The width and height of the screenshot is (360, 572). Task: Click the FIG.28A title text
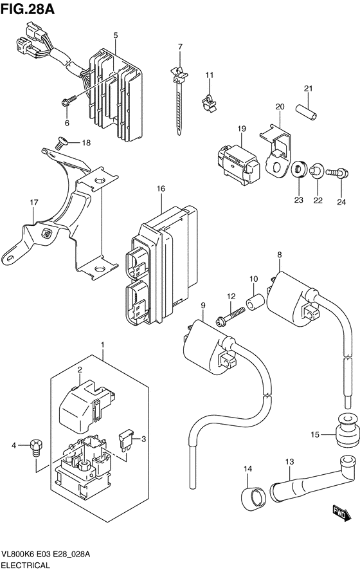coord(28,9)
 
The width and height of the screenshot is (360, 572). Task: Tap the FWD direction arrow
coord(342,513)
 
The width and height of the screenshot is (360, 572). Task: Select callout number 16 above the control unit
coord(161,189)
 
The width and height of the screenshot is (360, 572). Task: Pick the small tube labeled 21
coord(306,111)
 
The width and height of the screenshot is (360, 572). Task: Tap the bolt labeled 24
coord(337,173)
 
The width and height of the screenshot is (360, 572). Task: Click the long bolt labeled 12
coord(230,315)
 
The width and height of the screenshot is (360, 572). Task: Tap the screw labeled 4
coord(36,448)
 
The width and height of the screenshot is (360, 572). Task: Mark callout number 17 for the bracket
coord(34,202)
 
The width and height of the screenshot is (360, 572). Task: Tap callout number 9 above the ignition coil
coord(203,304)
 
